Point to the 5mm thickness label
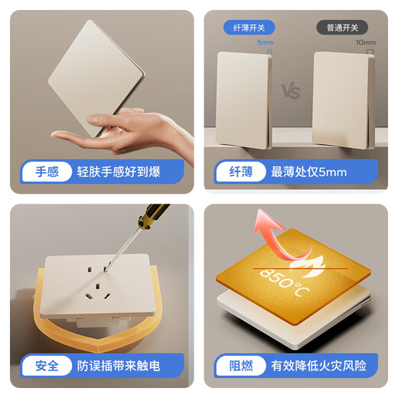coord(266,43)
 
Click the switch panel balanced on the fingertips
coord(96,77)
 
